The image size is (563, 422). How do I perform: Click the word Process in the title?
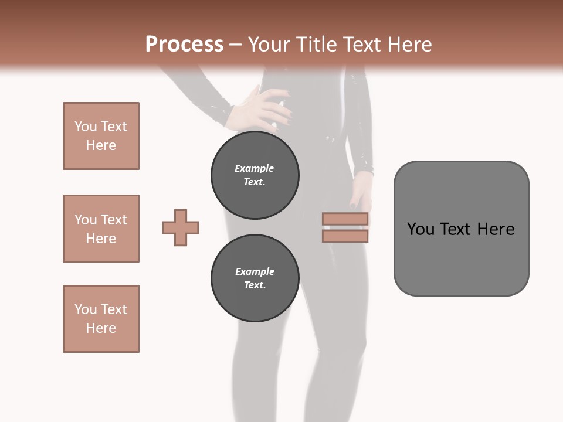(184, 45)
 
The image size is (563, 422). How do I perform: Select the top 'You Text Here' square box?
(101, 136)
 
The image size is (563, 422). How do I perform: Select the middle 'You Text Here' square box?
(101, 229)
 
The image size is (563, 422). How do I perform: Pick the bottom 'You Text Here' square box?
(101, 319)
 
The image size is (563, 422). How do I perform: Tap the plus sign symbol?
(181, 227)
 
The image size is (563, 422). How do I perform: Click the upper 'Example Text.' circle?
(255, 175)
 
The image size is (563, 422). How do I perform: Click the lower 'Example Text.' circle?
(255, 278)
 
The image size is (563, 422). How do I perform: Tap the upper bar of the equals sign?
(345, 219)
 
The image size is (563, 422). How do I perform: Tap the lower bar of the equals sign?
(345, 236)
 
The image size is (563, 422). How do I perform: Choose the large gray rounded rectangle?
(461, 229)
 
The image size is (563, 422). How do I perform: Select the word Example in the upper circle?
(255, 168)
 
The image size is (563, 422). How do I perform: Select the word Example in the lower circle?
(255, 271)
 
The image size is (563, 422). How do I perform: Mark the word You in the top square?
(84, 127)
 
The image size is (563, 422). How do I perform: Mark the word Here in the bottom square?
(101, 328)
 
